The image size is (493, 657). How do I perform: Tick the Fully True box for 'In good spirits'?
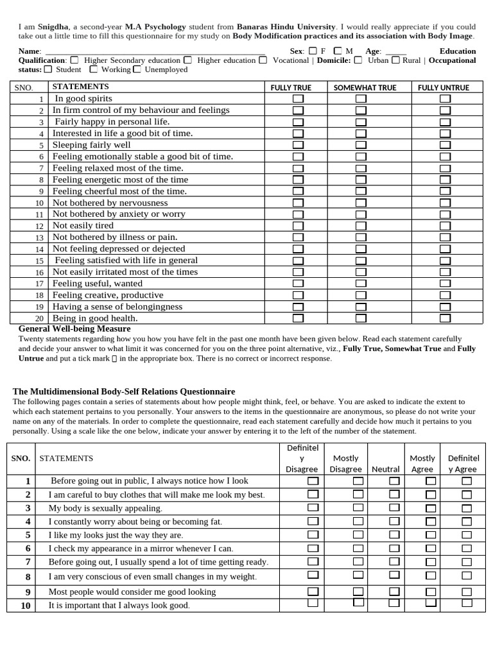[x=298, y=99]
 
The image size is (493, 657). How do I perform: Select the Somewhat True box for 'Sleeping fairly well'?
[x=361, y=145]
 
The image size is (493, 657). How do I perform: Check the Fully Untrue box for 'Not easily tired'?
[x=445, y=226]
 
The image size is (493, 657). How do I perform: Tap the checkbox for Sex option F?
[x=313, y=51]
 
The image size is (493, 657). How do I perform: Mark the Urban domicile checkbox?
[x=358, y=60]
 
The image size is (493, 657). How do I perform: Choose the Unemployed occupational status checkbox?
[x=137, y=69]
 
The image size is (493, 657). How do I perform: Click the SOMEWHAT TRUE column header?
[x=365, y=87]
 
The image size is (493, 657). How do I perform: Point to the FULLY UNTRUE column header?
[x=444, y=87]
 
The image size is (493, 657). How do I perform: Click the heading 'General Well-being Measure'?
[x=74, y=329]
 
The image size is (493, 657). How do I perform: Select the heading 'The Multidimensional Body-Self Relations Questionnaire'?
[x=124, y=391]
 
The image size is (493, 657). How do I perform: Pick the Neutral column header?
[x=386, y=469]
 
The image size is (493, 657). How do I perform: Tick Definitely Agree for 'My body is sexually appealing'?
[x=467, y=508]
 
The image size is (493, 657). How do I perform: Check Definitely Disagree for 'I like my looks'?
[x=313, y=534]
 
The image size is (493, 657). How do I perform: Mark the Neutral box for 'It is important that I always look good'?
[x=394, y=603]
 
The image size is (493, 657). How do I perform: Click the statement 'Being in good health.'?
[x=95, y=318]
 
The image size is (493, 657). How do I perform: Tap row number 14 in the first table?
[x=40, y=249]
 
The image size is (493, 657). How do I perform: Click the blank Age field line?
[x=396, y=51]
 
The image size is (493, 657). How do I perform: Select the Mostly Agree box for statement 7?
[x=431, y=562]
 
